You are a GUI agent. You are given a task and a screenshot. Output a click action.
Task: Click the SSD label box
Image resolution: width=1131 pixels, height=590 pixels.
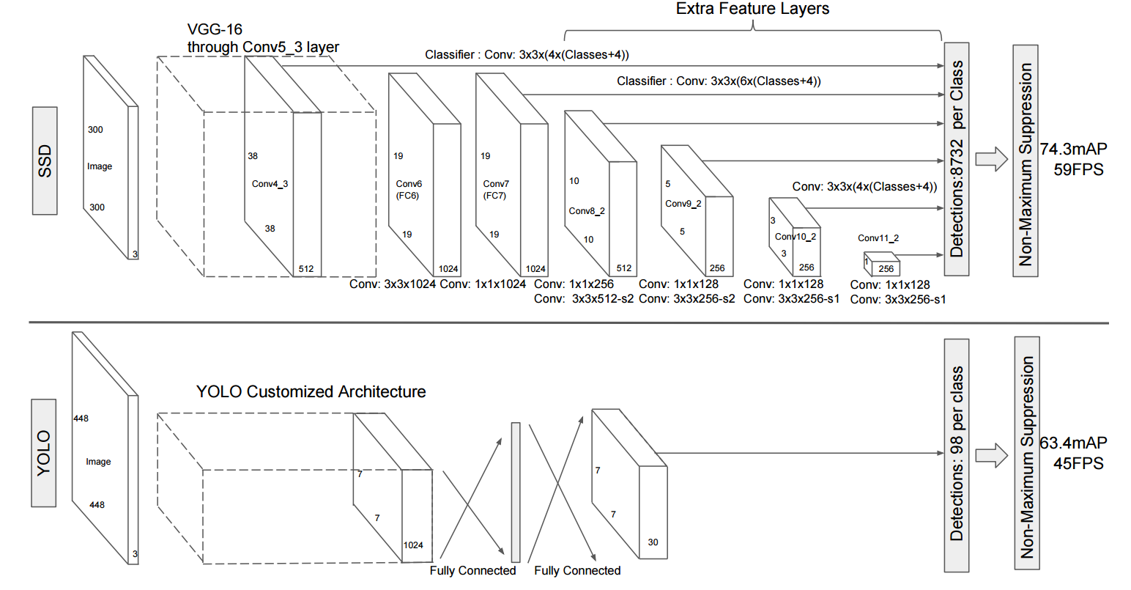pyautogui.click(x=45, y=161)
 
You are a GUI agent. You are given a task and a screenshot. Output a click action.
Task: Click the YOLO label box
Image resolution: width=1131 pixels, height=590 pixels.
pyautogui.click(x=44, y=453)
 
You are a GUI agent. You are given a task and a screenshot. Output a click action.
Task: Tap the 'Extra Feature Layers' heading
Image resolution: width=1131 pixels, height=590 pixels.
pyautogui.click(x=752, y=9)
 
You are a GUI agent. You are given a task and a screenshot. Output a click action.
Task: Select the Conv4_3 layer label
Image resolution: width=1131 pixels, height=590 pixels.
pyautogui.click(x=270, y=184)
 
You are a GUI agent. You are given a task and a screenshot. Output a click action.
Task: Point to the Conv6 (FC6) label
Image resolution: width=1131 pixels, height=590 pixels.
pyautogui.click(x=409, y=190)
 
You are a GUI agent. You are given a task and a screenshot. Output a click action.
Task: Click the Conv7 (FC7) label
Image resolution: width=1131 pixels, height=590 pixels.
pyautogui.click(x=496, y=190)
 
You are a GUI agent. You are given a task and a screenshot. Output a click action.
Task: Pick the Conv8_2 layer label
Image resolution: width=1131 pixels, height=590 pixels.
pyautogui.click(x=587, y=211)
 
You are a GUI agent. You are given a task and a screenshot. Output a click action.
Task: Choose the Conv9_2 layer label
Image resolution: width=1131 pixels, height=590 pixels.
pyautogui.click(x=683, y=204)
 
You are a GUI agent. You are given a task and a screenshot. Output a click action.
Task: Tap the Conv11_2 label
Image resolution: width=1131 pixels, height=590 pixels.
pyautogui.click(x=878, y=238)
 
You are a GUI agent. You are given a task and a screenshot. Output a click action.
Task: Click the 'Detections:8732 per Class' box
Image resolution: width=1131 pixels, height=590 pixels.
pyautogui.click(x=957, y=159)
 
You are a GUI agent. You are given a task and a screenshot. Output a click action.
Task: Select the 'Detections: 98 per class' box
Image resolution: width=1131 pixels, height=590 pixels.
pyautogui.click(x=957, y=455)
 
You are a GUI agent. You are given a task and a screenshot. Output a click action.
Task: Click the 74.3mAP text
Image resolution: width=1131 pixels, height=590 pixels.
pyautogui.click(x=1073, y=149)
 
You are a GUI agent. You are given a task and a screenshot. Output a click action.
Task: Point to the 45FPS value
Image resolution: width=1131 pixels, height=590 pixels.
pyautogui.click(x=1078, y=463)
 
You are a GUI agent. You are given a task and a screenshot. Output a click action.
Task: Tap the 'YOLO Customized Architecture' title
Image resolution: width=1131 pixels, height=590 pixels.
pyautogui.click(x=311, y=392)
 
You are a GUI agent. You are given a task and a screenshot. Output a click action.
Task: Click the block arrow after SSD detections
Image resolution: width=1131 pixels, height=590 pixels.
pyautogui.click(x=992, y=159)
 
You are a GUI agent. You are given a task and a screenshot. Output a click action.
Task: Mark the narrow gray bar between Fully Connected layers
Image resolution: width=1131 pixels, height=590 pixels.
pyautogui.click(x=516, y=492)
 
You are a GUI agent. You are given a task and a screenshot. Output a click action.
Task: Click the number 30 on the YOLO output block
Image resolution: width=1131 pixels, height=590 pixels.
pyautogui.click(x=653, y=542)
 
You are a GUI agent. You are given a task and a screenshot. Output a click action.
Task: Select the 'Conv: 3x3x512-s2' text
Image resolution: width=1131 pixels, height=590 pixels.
pyautogui.click(x=584, y=299)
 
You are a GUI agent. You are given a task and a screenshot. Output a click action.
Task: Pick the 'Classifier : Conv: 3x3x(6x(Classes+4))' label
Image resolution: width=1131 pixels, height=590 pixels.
pyautogui.click(x=719, y=81)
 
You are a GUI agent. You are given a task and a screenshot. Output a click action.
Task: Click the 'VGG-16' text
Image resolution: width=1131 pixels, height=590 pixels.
pyautogui.click(x=215, y=29)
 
